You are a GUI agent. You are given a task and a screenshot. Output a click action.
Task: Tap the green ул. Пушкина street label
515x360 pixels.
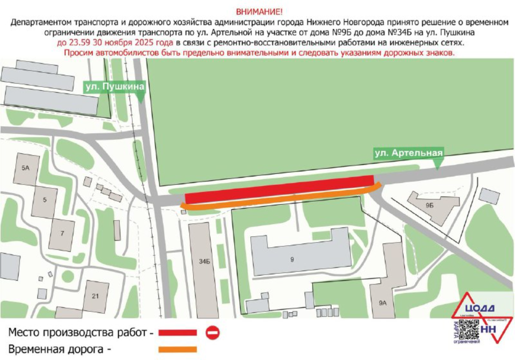click(114, 87)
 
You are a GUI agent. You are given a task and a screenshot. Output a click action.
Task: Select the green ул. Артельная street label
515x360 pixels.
click(407, 153)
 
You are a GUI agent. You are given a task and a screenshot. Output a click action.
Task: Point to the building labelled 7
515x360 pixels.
click(62, 233)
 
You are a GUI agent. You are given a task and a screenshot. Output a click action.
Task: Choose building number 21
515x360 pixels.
click(95, 296)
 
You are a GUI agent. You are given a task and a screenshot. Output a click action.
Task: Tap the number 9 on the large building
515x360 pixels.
click(292, 259)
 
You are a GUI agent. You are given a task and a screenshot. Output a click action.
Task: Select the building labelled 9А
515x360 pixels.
click(383, 303)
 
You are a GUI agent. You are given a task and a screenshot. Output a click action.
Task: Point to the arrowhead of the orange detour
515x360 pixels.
click(183, 207)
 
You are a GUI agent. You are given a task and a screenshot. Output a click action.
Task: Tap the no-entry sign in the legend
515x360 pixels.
click(212, 332)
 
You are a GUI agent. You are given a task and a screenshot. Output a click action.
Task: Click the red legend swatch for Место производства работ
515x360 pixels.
click(177, 333)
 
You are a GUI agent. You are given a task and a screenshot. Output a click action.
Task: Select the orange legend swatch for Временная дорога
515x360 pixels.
click(177, 349)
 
